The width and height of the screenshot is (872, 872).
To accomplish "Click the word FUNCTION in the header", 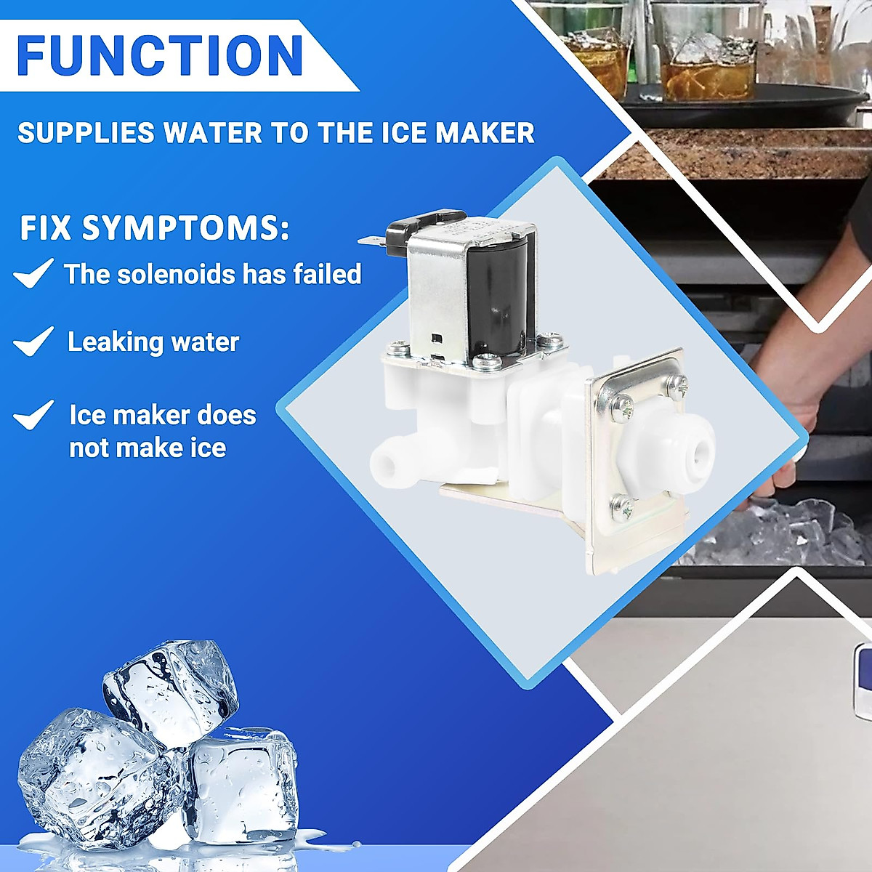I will (x=160, y=55).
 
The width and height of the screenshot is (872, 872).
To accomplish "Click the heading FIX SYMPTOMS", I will (x=154, y=228).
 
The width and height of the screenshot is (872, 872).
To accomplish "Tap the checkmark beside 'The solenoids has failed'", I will (x=33, y=273).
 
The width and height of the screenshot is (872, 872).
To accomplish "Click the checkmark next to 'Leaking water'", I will (x=33, y=341).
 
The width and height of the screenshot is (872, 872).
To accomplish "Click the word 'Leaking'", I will (x=108, y=342).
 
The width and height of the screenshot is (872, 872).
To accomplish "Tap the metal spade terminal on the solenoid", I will (x=371, y=239).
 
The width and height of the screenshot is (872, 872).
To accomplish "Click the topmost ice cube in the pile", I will (x=171, y=690).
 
